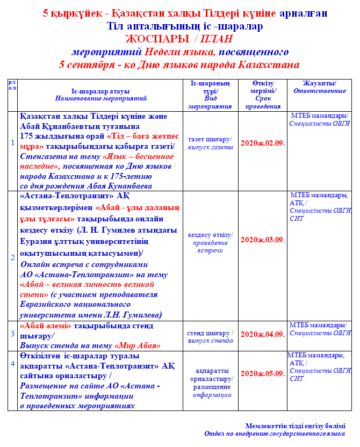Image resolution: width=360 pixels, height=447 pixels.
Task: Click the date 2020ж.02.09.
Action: coord(262,143)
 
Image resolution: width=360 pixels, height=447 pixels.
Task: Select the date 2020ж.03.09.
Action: coord(262,240)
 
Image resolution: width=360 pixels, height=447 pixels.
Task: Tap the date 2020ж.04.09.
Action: coord(262,334)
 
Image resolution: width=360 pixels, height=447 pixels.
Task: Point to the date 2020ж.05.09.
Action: coord(262,373)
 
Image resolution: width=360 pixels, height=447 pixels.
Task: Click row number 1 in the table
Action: coord(13,142)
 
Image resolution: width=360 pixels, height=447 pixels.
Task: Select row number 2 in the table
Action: coord(13,257)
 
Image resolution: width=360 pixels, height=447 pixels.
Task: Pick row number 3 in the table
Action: coord(13,334)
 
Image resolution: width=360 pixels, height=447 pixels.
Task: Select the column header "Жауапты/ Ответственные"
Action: coord(319,87)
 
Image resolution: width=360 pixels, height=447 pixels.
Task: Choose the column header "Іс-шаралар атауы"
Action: coord(100,91)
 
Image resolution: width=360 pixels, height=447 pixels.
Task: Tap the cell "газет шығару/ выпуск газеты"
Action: coord(210,143)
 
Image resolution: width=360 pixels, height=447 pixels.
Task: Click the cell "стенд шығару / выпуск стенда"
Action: coord(210,336)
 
